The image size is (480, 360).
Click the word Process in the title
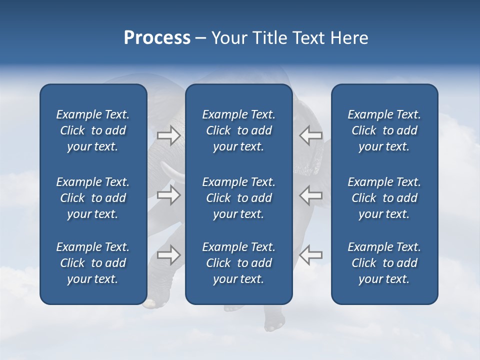pyautogui.click(x=157, y=38)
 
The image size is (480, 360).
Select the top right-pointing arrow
pyautogui.click(x=168, y=135)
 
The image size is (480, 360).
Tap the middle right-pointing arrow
pyautogui.click(x=168, y=194)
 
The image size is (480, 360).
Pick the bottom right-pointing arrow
pyautogui.click(x=168, y=255)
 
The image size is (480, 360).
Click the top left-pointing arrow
pyautogui.click(x=310, y=135)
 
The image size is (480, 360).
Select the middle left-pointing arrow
pyautogui.click(x=310, y=194)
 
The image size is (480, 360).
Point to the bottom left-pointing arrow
pyautogui.click(x=310, y=255)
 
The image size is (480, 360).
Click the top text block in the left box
pyautogui.click(x=93, y=130)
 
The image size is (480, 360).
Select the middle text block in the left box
pyautogui.click(x=93, y=198)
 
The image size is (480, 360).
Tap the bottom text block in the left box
pyautogui.click(x=93, y=263)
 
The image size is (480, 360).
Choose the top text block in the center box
pyautogui.click(x=239, y=130)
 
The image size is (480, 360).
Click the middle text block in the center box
pyautogui.click(x=239, y=198)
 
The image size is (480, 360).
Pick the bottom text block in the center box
pyautogui.click(x=239, y=263)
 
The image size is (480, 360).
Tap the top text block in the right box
pyautogui.click(x=384, y=130)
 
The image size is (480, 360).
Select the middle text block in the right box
pyautogui.click(x=384, y=198)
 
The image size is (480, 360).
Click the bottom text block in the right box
pyautogui.click(x=384, y=263)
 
